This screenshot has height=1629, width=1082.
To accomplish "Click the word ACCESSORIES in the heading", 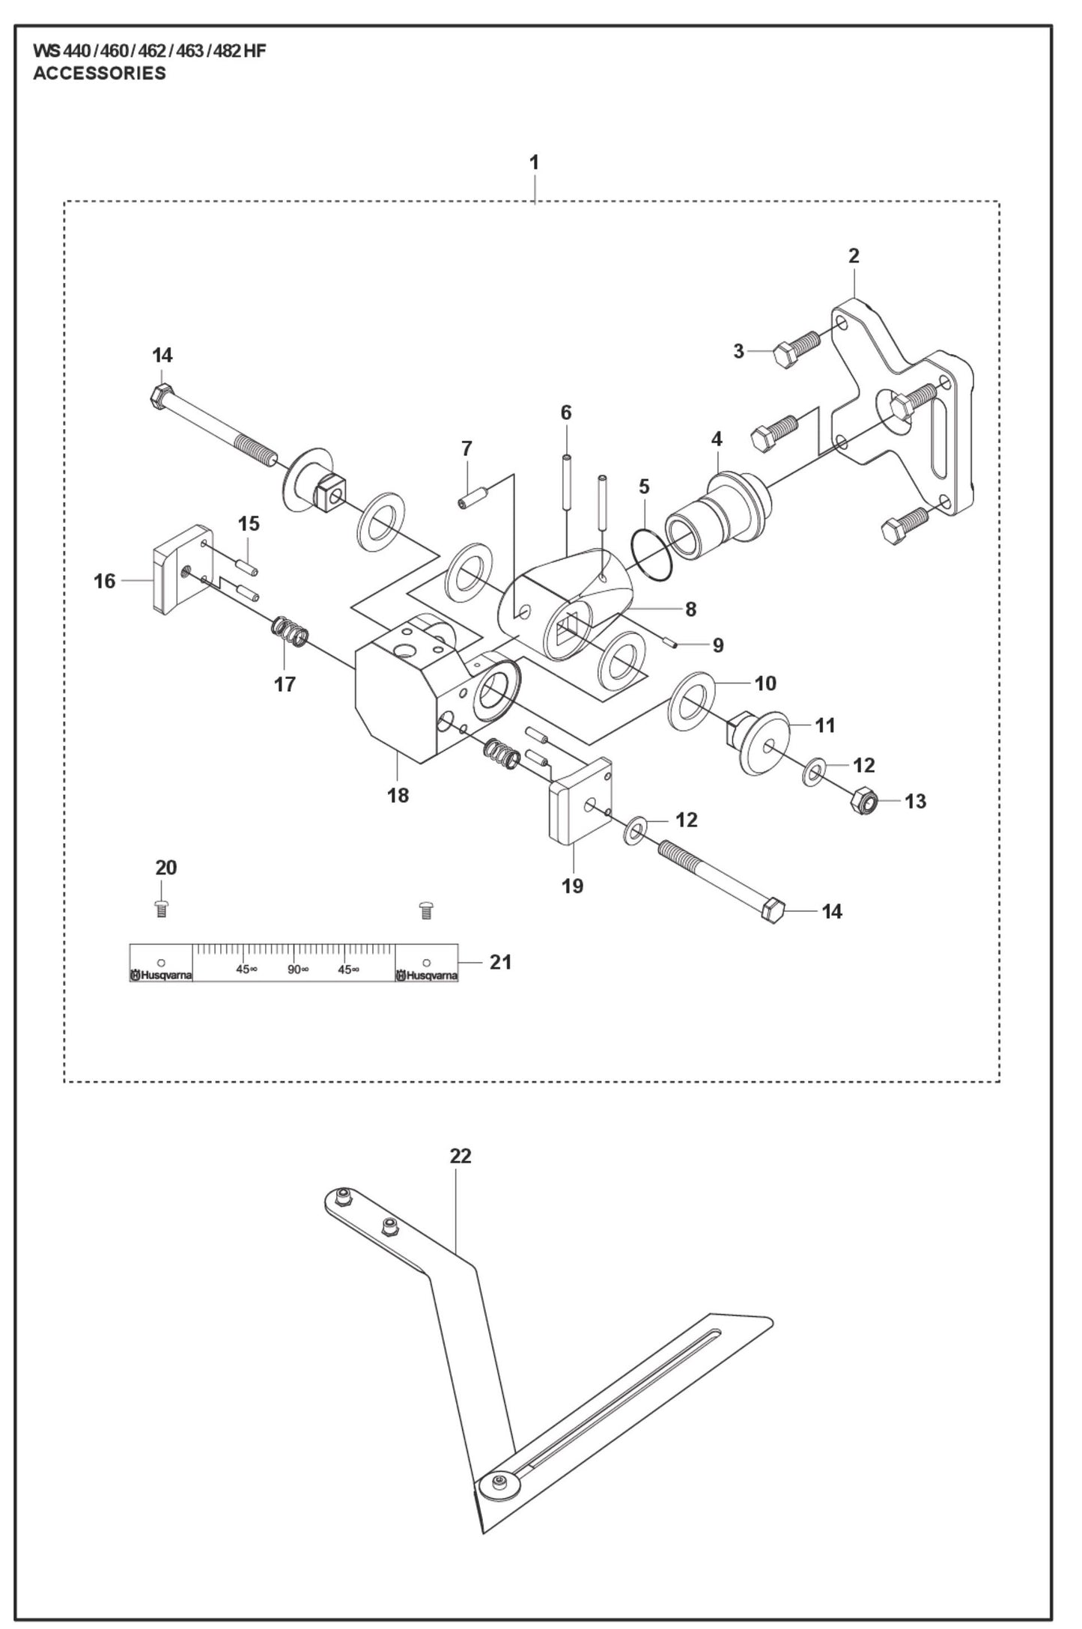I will [x=100, y=73].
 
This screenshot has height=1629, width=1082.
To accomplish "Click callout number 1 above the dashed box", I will [x=534, y=162].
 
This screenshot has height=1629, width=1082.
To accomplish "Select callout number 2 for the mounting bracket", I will [x=854, y=256].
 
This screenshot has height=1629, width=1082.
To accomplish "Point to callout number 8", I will [x=690, y=609].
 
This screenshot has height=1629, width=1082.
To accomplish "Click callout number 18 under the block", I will [x=398, y=795].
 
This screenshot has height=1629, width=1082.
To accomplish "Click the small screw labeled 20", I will [x=161, y=909].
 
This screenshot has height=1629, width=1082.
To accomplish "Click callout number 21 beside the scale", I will [x=500, y=962].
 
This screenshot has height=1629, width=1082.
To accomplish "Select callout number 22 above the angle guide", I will [x=461, y=1156].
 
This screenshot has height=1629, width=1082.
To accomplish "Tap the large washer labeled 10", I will [x=690, y=700].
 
